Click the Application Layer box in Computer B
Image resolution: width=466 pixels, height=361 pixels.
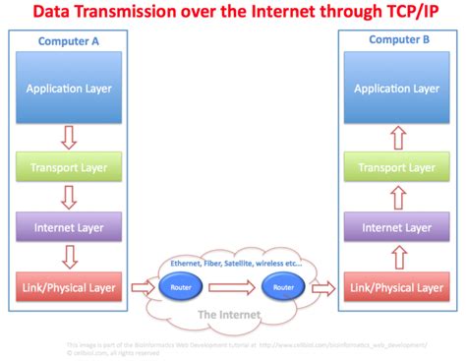click(395, 88)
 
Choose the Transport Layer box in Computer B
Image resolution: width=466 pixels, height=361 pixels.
click(395, 166)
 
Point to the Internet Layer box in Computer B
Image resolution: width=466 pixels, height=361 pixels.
click(395, 227)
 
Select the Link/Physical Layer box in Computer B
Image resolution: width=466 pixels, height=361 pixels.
click(395, 288)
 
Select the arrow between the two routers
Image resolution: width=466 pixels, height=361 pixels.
click(233, 288)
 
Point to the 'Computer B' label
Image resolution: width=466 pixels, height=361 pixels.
click(396, 39)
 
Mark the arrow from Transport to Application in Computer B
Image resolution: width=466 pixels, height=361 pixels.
click(395, 135)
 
